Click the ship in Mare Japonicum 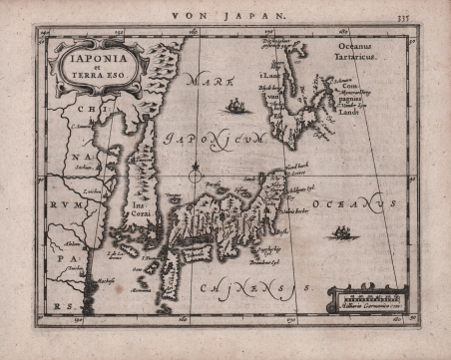click(x=237, y=105)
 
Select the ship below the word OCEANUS click(x=342, y=233)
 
